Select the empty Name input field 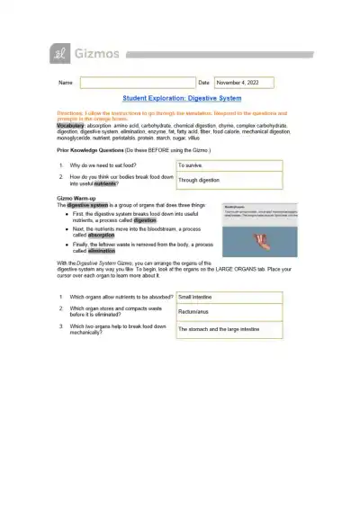(x=137, y=83)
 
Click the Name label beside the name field (x=65, y=83)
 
